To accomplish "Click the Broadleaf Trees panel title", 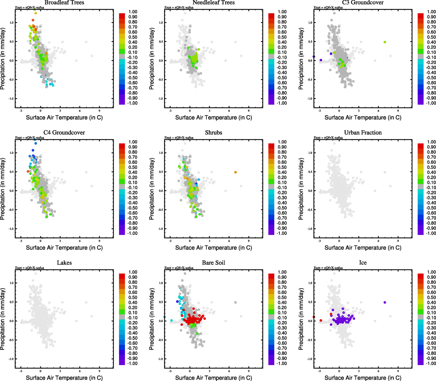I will (x=64, y=3).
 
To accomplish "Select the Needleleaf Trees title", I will (x=213, y=3).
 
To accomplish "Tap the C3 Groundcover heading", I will (x=363, y=3).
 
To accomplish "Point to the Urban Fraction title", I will (x=363, y=133).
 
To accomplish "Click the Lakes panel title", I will (x=64, y=263).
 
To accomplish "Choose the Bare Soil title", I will (x=213, y=263).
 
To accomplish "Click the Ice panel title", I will (x=363, y=263).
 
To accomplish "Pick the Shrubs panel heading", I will (x=213, y=133).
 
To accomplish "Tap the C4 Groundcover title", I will (x=64, y=133).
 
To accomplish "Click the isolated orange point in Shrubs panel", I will (x=235, y=172).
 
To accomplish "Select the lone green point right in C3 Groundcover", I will (x=385, y=42).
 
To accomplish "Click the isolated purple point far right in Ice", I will (x=385, y=302).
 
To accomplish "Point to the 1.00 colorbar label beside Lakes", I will (x=133, y=272).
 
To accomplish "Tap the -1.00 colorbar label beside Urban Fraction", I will (x=431, y=233).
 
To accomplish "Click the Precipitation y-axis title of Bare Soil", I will (x=152, y=319).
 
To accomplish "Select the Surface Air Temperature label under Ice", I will (x=363, y=378).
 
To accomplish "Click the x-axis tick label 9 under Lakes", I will (x=99, y=371).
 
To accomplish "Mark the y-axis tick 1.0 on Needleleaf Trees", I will (x=161, y=23).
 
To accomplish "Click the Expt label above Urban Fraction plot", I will (x=328, y=138).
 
